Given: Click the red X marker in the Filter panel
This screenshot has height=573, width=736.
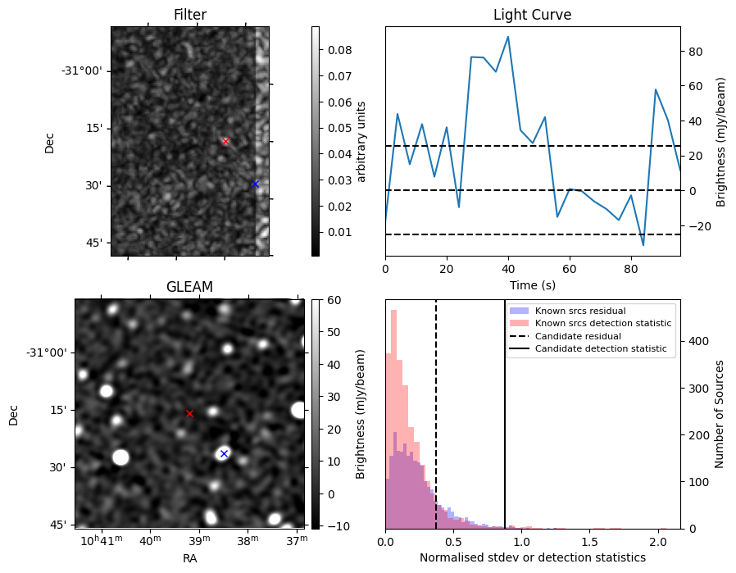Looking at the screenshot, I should tap(225, 141).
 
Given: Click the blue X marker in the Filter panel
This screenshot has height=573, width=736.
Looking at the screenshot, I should tap(255, 184).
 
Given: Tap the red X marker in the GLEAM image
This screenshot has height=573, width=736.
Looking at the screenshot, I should tap(189, 413).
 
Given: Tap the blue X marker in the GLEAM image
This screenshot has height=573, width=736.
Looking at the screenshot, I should tap(224, 453).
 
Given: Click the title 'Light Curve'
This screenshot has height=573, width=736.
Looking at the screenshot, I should tap(532, 15).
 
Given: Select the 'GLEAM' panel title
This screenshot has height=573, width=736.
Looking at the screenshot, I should tap(189, 287).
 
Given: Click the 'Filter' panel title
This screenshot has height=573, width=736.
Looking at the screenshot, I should tap(190, 15).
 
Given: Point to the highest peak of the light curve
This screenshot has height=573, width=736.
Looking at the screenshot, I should tap(508, 37).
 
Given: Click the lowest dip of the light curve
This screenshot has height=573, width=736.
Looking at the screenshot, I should tap(643, 245).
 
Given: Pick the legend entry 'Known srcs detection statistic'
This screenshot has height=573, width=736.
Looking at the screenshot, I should tap(602, 324).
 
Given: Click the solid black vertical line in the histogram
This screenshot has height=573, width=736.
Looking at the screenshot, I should tap(505, 426).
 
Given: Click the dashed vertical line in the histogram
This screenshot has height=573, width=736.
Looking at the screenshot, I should tap(436, 426).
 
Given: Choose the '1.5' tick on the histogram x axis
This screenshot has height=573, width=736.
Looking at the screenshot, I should tap(590, 542).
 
